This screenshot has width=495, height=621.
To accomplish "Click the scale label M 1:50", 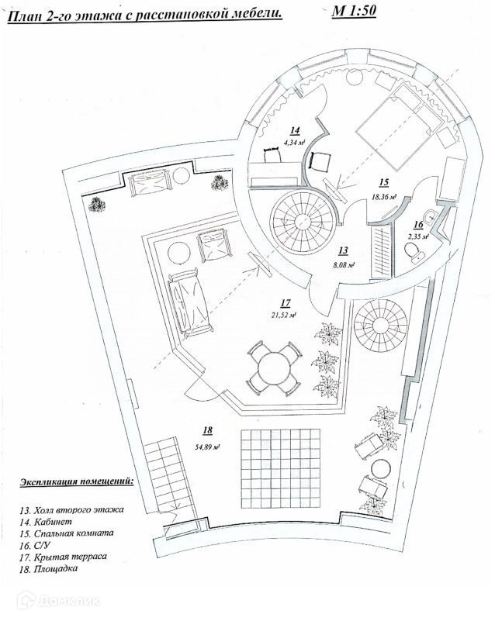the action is click(353, 12).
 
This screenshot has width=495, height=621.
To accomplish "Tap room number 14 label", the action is click(295, 129).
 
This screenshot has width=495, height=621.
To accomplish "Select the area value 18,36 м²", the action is click(383, 197).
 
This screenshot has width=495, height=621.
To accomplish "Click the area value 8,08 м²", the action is click(344, 264).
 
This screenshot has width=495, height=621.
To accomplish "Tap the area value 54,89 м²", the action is click(209, 445).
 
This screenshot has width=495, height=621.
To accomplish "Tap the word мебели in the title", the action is click(257, 14).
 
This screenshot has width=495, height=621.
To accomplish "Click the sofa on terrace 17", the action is click(187, 302).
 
